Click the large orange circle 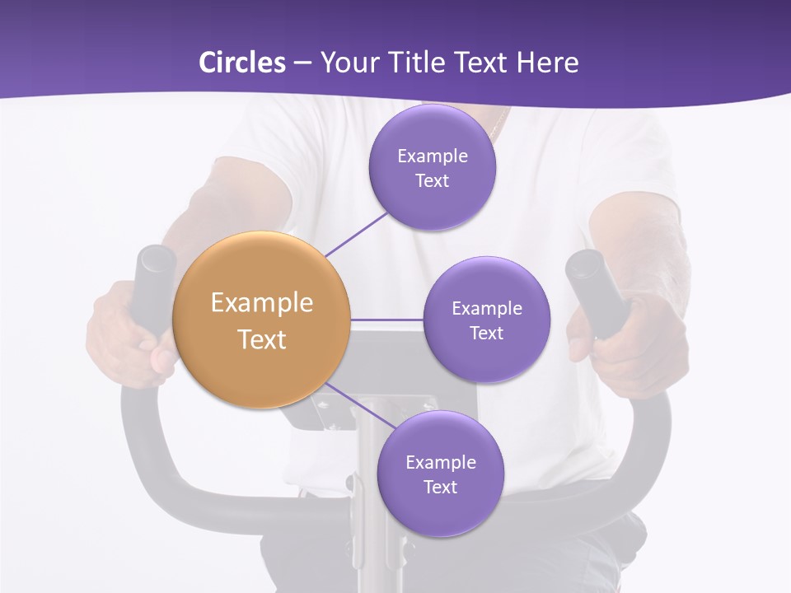coord(262,320)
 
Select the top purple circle coord(432,167)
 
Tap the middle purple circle coord(486,320)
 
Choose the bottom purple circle coord(440,474)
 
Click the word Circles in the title coord(241,63)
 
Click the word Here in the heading coord(547,63)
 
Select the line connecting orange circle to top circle coord(357,233)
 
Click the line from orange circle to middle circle coord(387,320)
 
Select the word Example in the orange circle coord(262,303)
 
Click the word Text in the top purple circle coord(432,180)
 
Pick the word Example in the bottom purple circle coord(440,462)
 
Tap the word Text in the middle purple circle coord(486,333)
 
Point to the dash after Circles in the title coord(302,63)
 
